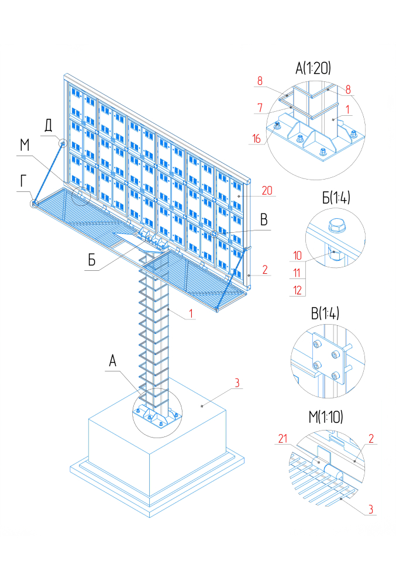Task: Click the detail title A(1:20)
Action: point(313,68)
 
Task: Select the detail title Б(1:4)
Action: point(336,198)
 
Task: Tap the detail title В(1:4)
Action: point(325,313)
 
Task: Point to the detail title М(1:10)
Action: point(325,417)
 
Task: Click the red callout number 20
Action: point(267,191)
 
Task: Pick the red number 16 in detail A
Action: point(257,139)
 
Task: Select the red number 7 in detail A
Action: point(260,108)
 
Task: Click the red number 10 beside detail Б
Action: point(297,256)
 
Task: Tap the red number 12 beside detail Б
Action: point(297,290)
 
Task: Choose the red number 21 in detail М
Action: point(283,439)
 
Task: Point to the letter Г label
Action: point(23,180)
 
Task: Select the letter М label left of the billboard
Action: point(25,145)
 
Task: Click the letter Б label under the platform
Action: point(92,260)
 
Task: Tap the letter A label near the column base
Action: point(113,361)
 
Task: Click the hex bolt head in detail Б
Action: point(336,225)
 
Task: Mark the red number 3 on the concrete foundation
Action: point(237,383)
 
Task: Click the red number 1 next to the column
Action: point(191,314)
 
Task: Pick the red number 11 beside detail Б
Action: point(297,273)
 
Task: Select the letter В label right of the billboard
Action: point(264,220)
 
